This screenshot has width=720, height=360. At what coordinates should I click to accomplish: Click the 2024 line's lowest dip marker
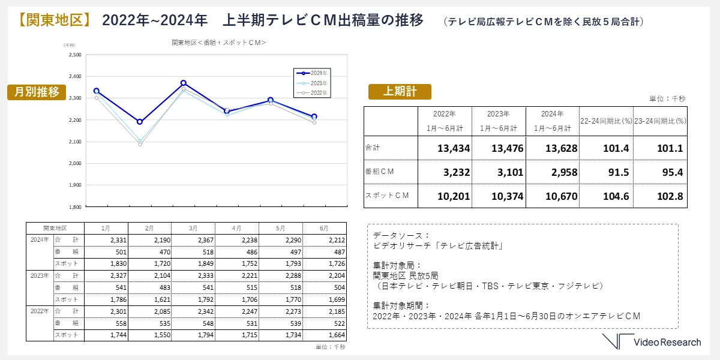coord(140,122)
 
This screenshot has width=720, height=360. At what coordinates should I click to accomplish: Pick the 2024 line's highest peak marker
coord(184,83)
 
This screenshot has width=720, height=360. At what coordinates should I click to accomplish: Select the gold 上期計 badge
coord(400,91)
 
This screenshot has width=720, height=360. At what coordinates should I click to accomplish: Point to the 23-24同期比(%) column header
coord(660,121)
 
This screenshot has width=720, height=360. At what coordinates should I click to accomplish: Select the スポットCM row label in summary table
coord(388,196)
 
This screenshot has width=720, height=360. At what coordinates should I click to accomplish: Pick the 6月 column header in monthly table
coord(324,229)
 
